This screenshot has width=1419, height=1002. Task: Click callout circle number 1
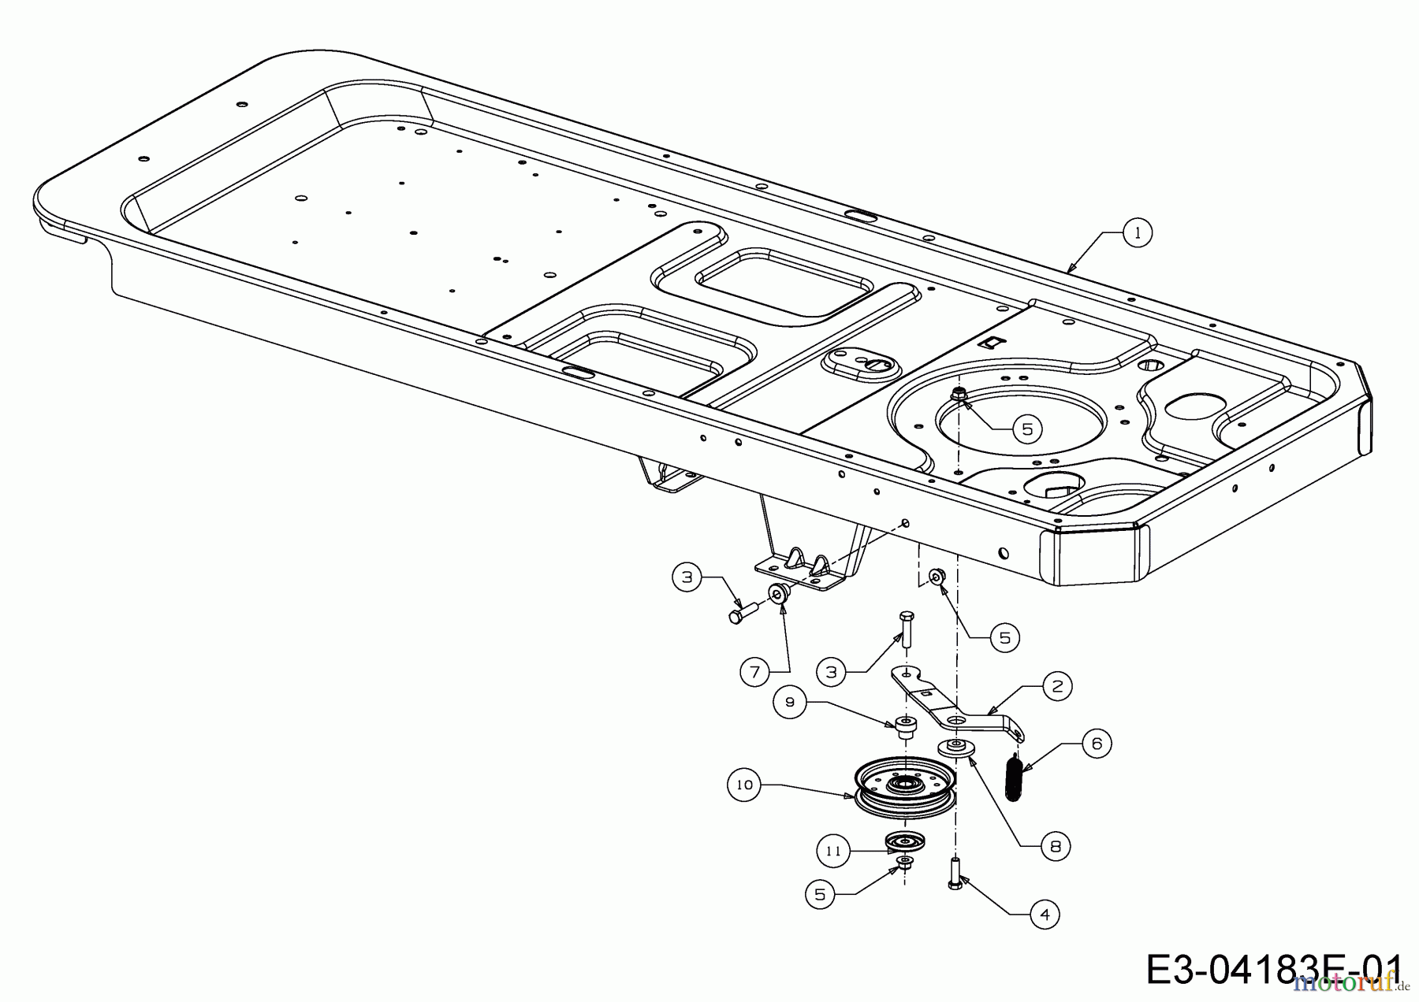pos(1137,233)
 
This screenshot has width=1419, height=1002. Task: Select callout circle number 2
pos(1056,686)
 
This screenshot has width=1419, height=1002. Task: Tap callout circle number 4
pos(1045,915)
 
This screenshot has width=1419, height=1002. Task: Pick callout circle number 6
pos(1097,744)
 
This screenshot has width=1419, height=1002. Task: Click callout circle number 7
pos(754,672)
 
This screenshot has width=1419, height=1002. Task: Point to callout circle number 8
pos(1056,847)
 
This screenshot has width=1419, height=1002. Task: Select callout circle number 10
pos(745,785)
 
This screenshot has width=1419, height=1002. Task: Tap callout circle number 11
pos(833,851)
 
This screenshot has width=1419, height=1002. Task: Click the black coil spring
pos(1016,776)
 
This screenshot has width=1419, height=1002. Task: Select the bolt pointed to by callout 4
pos(955,874)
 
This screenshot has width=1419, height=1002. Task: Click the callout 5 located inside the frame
pos(1026,429)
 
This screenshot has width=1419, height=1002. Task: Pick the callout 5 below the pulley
pos(820,895)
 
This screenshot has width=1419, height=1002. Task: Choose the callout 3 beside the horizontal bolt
pos(687,577)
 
